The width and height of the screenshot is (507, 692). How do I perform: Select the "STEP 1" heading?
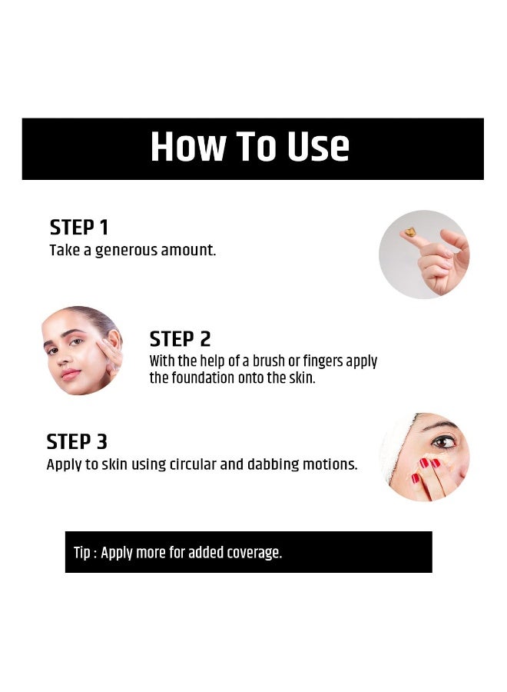(79, 228)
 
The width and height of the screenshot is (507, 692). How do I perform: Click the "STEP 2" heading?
(180, 339)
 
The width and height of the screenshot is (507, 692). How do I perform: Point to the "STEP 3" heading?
(77, 442)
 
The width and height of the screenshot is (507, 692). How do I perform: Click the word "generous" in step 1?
(126, 250)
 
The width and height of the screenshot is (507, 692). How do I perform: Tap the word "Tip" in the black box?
(81, 553)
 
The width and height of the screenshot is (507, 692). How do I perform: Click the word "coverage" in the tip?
(252, 553)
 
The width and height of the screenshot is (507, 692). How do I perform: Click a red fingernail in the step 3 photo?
(423, 464)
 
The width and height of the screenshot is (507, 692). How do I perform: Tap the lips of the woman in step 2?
(70, 374)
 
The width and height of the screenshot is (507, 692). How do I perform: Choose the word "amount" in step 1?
(188, 250)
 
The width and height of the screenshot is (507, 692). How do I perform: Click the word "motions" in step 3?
(332, 465)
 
